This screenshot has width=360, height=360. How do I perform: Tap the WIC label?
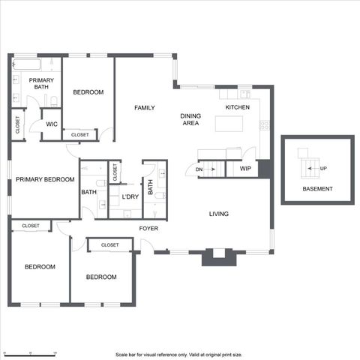pos(52,124)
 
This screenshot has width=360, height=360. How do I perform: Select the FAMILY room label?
pos(144,108)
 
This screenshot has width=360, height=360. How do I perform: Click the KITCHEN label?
pos(238,108)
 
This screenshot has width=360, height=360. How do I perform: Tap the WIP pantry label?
pos(245,169)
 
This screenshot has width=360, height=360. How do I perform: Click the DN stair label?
pos(199,169)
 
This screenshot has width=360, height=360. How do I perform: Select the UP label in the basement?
pos(323,168)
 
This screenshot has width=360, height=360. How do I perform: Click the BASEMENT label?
pos(317,189)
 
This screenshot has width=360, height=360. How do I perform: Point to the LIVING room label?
pos(218,214)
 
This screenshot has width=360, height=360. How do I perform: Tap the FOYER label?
pos(148,228)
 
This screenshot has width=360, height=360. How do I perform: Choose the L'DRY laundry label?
pos(130,197)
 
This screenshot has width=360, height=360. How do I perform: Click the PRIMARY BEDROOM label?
pos(45,180)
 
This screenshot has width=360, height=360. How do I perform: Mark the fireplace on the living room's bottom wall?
pos(218,256)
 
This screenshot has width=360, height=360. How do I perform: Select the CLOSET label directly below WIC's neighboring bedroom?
pos(80,135)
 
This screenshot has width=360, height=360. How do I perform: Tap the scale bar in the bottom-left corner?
pos(30,352)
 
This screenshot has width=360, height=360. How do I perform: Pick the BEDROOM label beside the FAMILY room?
pos(88,92)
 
